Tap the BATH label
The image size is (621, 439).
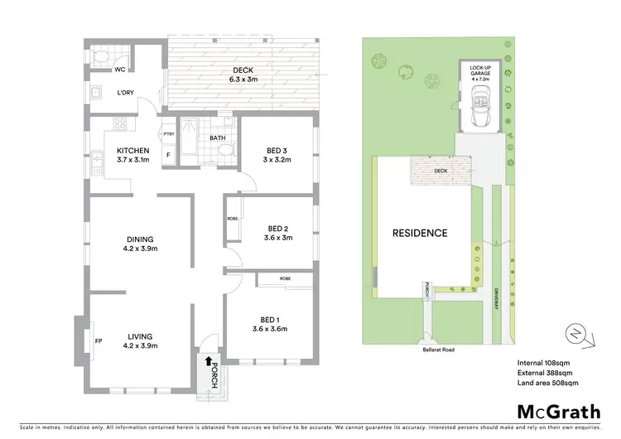pos(218,137)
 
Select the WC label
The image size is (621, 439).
pos(120,70)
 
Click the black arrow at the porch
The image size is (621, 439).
pos(206,360)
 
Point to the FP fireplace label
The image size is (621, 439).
pos(98,340)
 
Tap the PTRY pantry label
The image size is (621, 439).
pos(169,134)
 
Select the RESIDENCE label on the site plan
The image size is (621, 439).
pos(420,233)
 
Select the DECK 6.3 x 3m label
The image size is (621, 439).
pos(243,75)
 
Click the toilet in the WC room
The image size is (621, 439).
pos(100,56)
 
